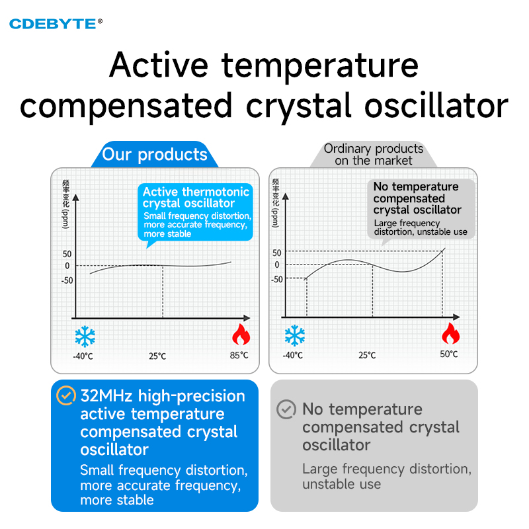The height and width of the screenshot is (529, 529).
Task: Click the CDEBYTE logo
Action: [x=56, y=24]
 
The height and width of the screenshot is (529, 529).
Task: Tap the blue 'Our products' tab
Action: [x=155, y=155]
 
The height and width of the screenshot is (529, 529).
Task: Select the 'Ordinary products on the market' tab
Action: [x=374, y=155]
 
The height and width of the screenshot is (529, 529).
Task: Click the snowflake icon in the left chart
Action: [x=85, y=337]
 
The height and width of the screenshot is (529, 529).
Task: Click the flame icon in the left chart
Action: [x=241, y=335]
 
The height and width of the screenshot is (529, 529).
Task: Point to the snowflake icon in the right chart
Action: [x=294, y=335]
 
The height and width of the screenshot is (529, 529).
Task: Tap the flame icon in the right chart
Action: [x=451, y=333]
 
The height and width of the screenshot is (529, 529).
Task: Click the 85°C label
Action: [x=239, y=355]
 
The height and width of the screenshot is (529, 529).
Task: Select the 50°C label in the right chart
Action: [x=449, y=354]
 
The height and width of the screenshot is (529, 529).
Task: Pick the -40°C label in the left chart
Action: [x=83, y=356]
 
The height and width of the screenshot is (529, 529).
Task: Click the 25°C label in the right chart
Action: [x=367, y=355]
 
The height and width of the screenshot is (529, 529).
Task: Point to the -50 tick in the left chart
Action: [x=67, y=280]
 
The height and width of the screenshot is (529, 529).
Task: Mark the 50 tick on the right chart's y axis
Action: [x=276, y=253]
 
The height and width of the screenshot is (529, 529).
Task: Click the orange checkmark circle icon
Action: [x=66, y=395]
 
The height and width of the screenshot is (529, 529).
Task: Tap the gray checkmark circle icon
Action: [x=286, y=409]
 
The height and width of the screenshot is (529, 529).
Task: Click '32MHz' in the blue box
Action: [x=106, y=395]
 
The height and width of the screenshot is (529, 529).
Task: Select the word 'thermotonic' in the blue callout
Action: [x=216, y=192]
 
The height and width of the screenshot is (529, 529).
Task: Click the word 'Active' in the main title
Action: [x=159, y=65]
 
